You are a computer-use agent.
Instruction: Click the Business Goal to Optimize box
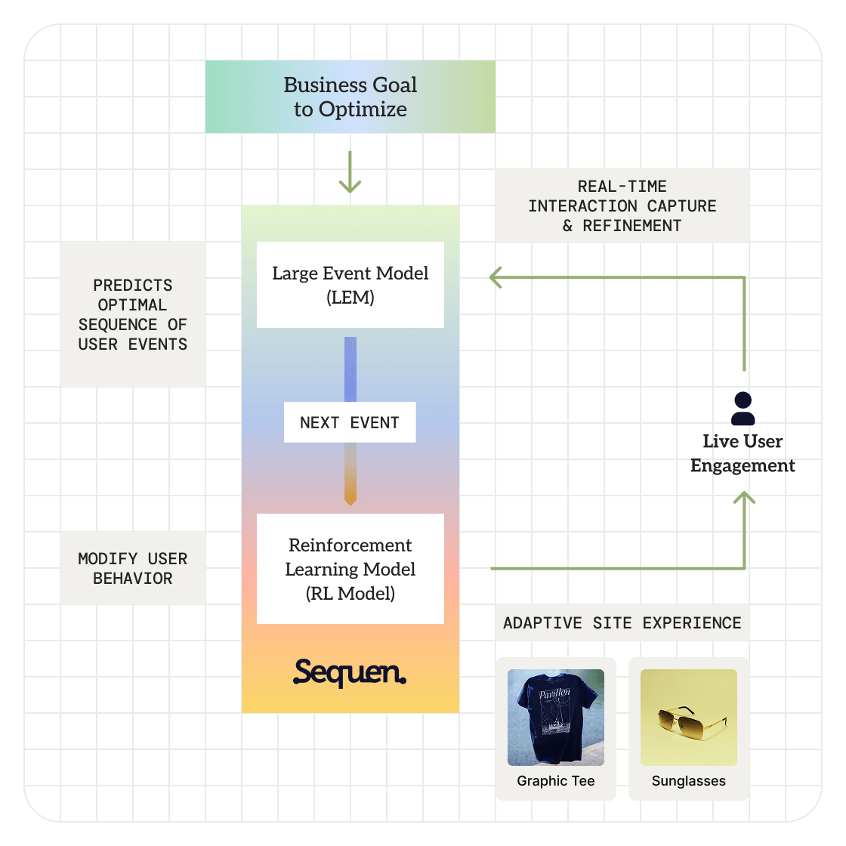[x=350, y=97]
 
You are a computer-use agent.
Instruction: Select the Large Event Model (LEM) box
[x=350, y=285]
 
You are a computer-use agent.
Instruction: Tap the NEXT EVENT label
[x=350, y=422]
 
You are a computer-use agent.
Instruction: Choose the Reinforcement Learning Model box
[x=350, y=569]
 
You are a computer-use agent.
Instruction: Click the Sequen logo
[x=350, y=672]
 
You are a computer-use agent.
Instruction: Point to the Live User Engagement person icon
[x=743, y=409]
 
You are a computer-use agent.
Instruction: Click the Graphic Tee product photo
[x=555, y=717]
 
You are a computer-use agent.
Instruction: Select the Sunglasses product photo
[x=688, y=717]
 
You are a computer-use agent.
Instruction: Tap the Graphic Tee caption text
[x=555, y=781]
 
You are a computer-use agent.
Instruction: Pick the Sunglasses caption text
[x=688, y=781]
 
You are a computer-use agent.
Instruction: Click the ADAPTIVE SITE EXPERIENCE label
[x=622, y=623]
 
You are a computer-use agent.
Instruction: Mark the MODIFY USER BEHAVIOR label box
[x=133, y=568]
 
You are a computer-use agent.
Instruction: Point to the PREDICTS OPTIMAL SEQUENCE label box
[x=133, y=314]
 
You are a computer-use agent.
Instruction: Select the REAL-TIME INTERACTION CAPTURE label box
[x=622, y=205]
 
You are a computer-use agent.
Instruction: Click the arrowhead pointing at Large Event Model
[x=496, y=277]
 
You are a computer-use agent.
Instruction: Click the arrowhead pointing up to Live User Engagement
[x=744, y=498]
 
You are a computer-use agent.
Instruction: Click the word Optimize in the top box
[x=363, y=110]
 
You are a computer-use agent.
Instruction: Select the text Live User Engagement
[x=743, y=453]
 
